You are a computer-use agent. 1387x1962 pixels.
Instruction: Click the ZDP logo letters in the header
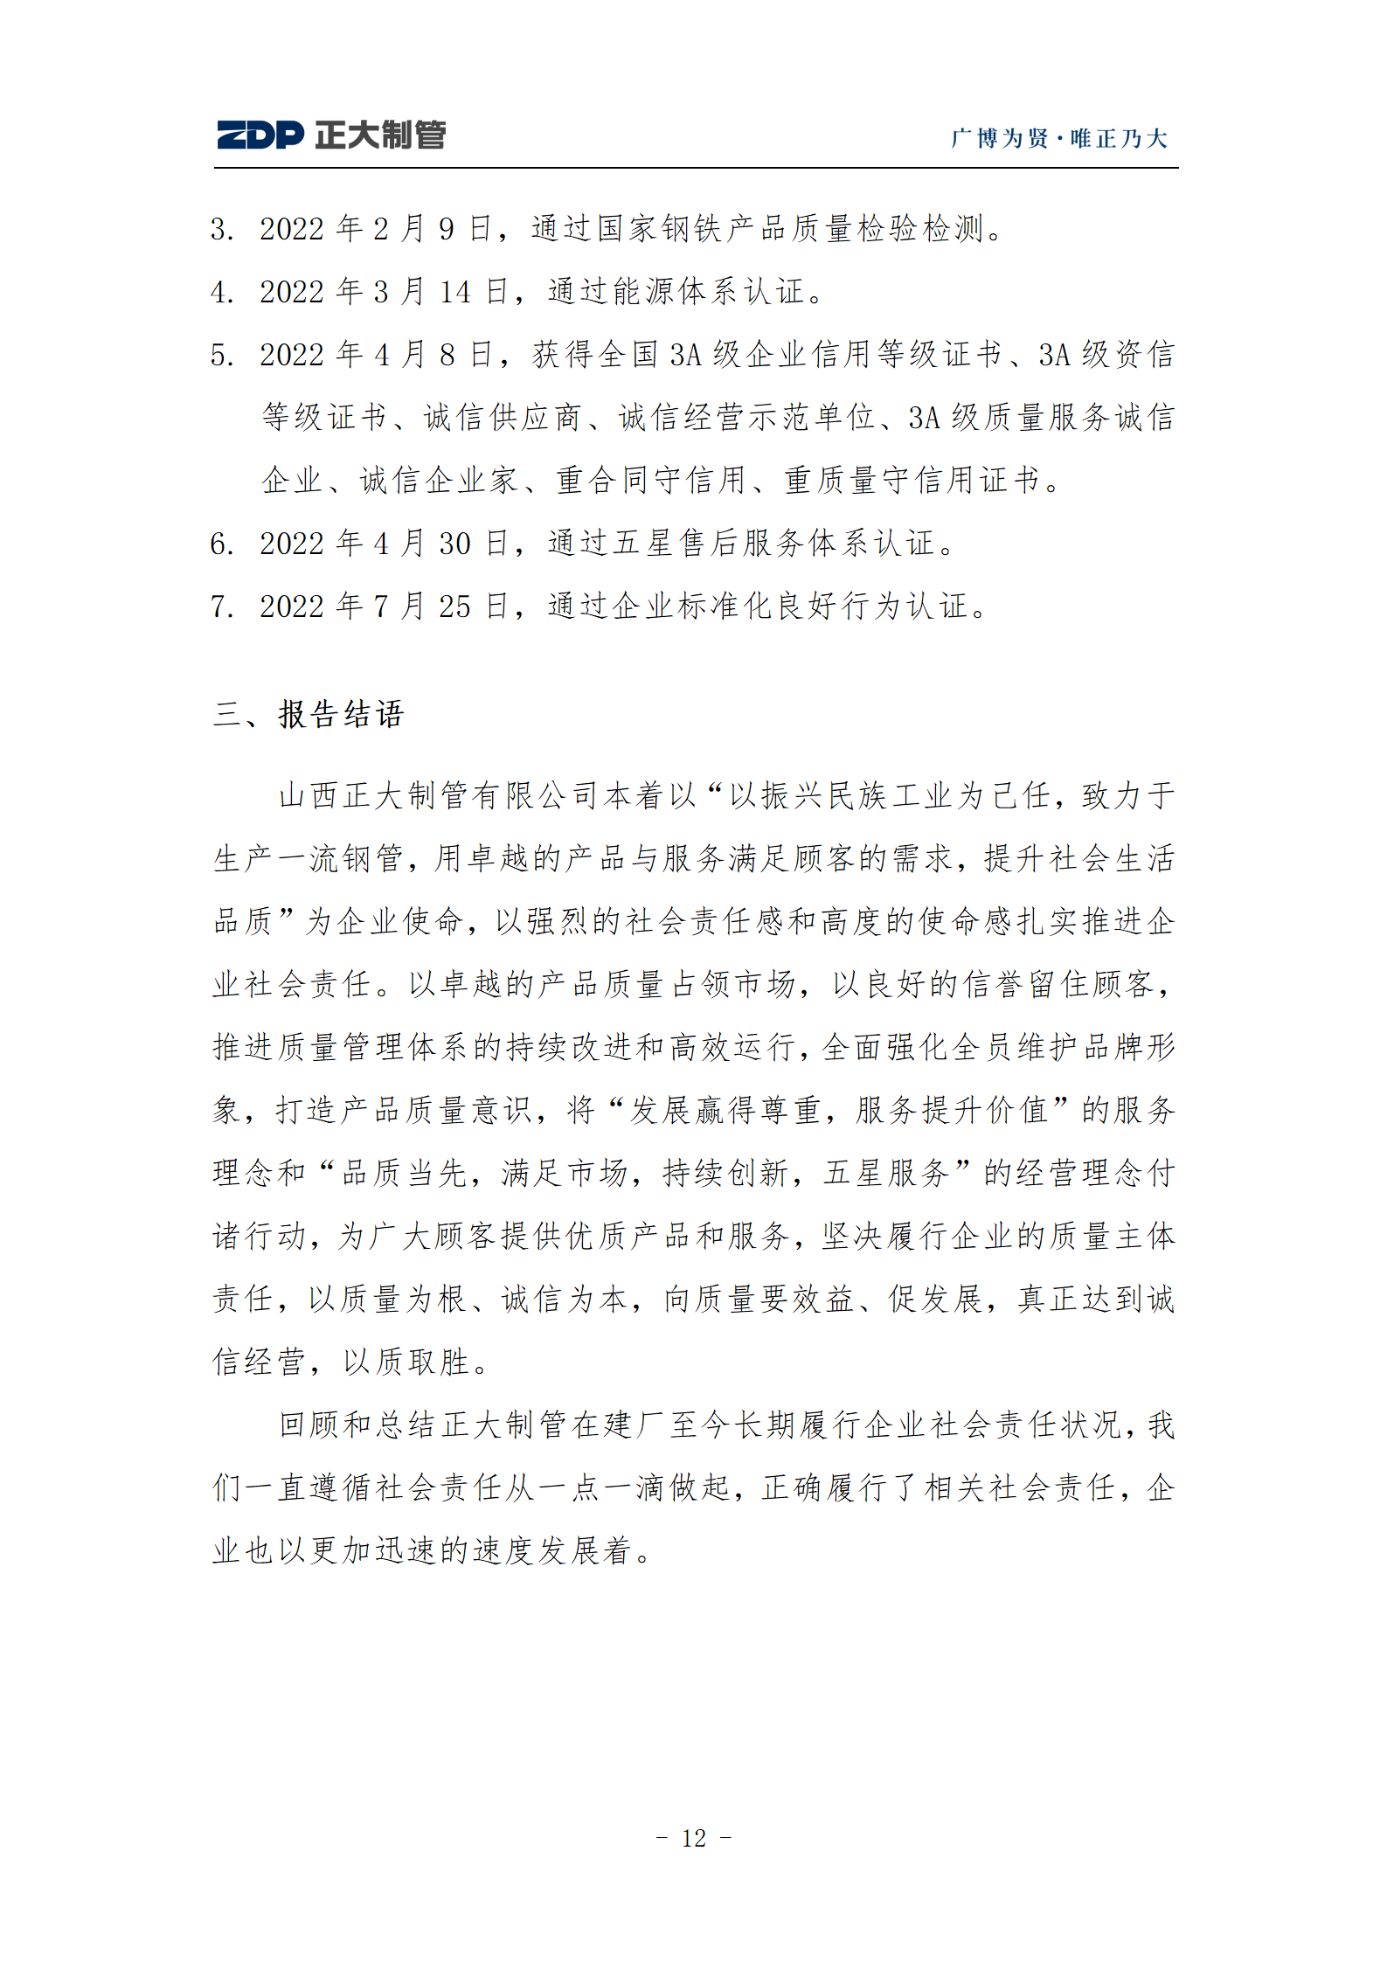[x=260, y=135]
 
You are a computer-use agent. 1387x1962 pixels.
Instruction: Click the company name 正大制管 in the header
[x=380, y=135]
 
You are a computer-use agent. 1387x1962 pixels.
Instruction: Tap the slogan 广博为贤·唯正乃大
[x=1058, y=139]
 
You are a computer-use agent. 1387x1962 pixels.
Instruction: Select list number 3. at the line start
[x=222, y=230]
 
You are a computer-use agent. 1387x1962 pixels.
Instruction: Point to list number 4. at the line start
[x=222, y=293]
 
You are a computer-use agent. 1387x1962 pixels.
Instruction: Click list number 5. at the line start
[x=222, y=356]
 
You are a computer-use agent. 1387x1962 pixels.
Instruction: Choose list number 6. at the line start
[x=222, y=544]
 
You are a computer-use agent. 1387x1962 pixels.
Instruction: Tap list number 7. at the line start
[x=222, y=607]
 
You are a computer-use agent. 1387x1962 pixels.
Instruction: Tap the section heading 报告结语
[x=341, y=715]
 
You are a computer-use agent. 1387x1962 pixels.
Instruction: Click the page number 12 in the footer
[x=694, y=1839]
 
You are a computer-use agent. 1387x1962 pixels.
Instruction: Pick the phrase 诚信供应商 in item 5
[x=502, y=418]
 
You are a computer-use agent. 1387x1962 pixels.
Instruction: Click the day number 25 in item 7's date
[x=454, y=607]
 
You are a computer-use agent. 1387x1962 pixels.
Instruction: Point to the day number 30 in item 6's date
[x=454, y=544]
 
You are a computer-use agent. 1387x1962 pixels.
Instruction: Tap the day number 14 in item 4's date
[x=454, y=293]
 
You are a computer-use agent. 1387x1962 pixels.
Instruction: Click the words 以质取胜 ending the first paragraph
[x=406, y=1362]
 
